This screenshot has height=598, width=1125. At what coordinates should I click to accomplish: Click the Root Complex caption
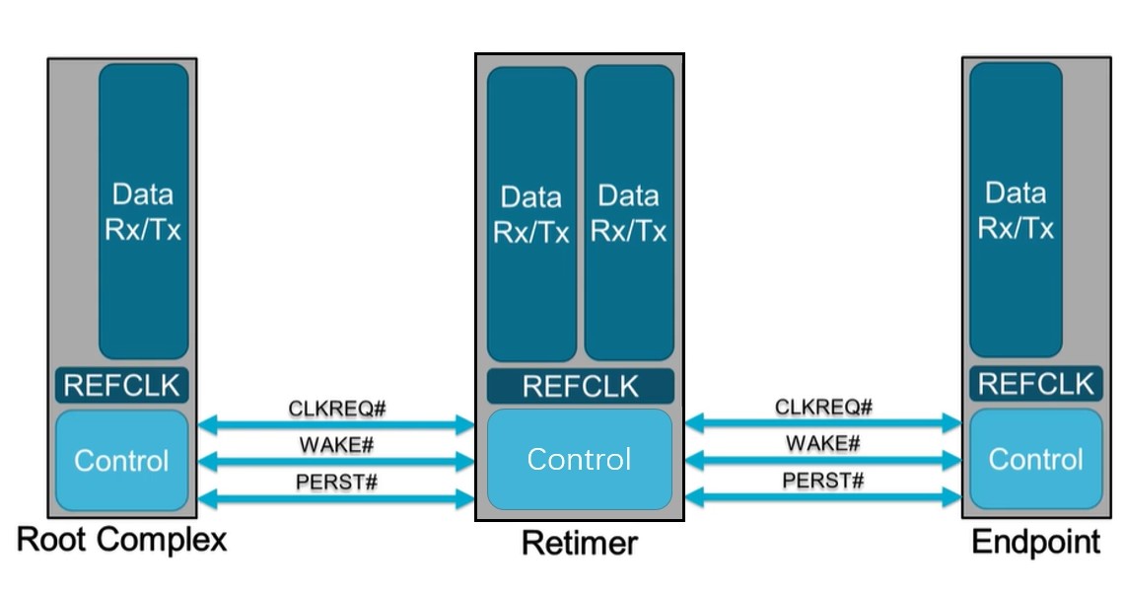[x=122, y=540]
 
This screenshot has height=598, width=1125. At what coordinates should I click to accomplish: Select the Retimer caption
[x=579, y=543]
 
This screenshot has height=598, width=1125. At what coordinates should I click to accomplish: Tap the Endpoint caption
[x=1035, y=542]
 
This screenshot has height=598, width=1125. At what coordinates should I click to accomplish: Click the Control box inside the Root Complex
[x=121, y=461]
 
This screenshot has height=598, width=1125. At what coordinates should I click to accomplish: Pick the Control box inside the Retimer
[x=579, y=459]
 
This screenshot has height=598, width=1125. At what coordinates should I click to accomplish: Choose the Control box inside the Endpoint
[x=1035, y=459]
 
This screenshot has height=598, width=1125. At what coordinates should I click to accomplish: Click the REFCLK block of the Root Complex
[x=121, y=385]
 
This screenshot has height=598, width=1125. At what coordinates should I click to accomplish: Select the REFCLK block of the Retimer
[x=580, y=386]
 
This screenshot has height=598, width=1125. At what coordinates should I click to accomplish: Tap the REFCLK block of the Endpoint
[x=1035, y=383]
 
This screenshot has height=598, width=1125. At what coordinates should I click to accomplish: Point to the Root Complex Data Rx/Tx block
[x=143, y=211]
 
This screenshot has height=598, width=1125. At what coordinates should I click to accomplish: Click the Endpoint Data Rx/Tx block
[x=1016, y=210]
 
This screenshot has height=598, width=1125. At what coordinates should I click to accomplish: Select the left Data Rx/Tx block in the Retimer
[x=531, y=214]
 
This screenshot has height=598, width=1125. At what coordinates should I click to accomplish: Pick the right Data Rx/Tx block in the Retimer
[x=629, y=214]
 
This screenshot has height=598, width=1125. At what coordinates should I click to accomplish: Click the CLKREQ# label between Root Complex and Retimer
[x=336, y=408]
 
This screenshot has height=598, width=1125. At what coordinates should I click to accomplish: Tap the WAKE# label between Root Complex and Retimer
[x=336, y=445]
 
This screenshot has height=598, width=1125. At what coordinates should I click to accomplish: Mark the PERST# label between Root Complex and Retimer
[x=336, y=483]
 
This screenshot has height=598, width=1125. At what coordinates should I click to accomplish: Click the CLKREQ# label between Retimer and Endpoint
[x=823, y=407]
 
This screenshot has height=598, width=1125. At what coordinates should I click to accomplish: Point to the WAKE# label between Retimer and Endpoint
[x=823, y=443]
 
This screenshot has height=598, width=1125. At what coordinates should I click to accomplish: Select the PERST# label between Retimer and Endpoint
[x=823, y=481]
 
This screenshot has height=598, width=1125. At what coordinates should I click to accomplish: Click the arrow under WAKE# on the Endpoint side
[x=823, y=461]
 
